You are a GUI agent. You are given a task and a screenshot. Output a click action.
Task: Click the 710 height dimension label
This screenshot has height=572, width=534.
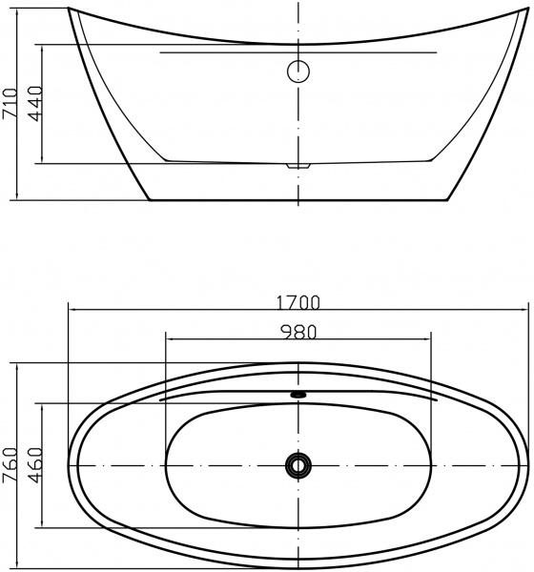click(10, 102)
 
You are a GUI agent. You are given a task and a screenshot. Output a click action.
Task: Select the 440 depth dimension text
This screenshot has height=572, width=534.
click(34, 103)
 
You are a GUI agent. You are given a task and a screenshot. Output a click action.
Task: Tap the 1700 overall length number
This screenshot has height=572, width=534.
click(298, 303)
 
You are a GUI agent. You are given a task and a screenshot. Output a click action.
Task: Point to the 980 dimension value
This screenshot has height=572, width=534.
click(298, 332)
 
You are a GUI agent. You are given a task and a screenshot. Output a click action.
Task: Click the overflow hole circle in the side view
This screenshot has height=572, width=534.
click(298, 71)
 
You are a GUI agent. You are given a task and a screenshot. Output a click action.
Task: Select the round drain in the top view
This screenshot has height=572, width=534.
click(298, 465)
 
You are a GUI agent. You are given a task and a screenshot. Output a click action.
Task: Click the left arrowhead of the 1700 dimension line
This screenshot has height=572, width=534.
click(72, 310)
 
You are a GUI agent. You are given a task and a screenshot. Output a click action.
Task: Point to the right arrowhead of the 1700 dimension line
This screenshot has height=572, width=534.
click(525, 310)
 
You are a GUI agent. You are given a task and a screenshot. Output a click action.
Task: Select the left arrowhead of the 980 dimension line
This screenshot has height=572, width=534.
click(168, 338)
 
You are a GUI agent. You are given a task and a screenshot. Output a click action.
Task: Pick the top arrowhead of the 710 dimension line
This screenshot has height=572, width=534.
click(20, 12)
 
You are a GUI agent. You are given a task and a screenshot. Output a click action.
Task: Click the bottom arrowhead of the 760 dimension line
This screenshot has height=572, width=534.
click(20, 565)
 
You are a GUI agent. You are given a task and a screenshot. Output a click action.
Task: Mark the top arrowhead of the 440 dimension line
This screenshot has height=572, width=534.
click(44, 46)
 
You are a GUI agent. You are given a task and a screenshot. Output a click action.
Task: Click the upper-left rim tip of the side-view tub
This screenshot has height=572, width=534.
click(70, 10)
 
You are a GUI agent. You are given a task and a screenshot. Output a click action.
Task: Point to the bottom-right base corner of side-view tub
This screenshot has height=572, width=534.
click(447, 200)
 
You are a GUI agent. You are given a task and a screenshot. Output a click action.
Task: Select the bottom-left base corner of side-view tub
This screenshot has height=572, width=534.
click(150, 200)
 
